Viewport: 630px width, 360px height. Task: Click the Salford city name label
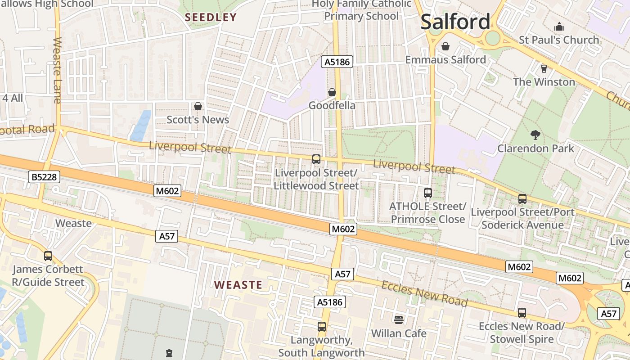click(x=455, y=22)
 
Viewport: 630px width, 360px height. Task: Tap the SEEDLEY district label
click(x=211, y=18)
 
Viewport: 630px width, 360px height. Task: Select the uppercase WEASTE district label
click(x=238, y=285)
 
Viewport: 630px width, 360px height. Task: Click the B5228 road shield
click(x=45, y=177)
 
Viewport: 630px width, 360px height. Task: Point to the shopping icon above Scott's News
click(x=198, y=107)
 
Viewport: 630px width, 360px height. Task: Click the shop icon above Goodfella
click(x=332, y=92)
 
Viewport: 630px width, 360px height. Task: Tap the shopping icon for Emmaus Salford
click(x=445, y=46)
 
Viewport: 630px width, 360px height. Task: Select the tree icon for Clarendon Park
click(x=535, y=134)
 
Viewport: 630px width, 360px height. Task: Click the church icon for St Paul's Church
click(x=559, y=27)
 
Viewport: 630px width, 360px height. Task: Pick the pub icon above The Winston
click(x=544, y=68)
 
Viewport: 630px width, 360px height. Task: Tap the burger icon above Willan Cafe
click(x=399, y=319)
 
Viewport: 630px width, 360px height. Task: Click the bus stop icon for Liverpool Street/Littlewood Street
click(x=316, y=159)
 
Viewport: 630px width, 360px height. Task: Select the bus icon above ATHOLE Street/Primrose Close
click(x=427, y=193)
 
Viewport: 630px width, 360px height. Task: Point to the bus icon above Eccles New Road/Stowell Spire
click(x=522, y=313)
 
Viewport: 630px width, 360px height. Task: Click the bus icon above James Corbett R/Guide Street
click(x=48, y=256)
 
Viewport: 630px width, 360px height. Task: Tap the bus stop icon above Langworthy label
click(x=321, y=327)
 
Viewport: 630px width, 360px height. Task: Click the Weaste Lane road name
click(x=57, y=70)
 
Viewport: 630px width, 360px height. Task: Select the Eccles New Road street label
click(x=424, y=294)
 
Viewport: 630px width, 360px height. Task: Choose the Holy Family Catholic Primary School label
click(x=362, y=10)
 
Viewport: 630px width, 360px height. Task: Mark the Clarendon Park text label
click(x=535, y=148)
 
